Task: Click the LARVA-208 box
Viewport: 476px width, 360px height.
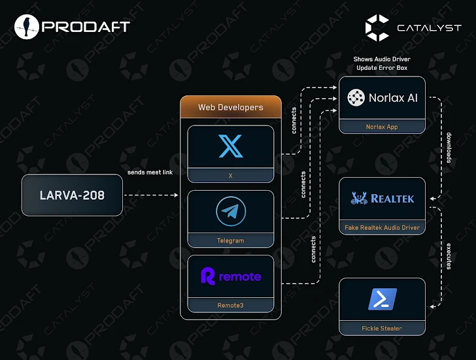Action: pos(72,195)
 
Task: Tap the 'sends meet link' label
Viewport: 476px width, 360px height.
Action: pos(150,173)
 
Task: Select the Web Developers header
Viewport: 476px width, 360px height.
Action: pos(231,107)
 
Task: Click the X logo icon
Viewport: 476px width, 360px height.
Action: pos(231,146)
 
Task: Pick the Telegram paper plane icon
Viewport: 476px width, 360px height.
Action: pos(231,213)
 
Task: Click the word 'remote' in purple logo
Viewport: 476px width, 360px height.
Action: pos(239,276)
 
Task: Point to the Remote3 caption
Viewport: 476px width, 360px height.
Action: pos(230,305)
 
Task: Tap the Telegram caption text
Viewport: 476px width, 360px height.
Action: pos(230,240)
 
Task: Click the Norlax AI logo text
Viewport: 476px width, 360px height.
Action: pos(392,98)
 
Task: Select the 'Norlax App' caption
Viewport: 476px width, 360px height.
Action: pos(382,127)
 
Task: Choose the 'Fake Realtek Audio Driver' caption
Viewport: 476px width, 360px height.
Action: pos(382,228)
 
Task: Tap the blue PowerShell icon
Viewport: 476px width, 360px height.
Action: pos(382,299)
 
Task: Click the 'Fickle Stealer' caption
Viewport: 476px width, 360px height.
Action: pos(382,328)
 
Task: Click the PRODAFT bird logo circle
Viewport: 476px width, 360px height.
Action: pos(26,26)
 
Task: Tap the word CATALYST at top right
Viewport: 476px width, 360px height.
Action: pos(429,27)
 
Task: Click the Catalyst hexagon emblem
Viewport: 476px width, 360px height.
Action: pos(377,27)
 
